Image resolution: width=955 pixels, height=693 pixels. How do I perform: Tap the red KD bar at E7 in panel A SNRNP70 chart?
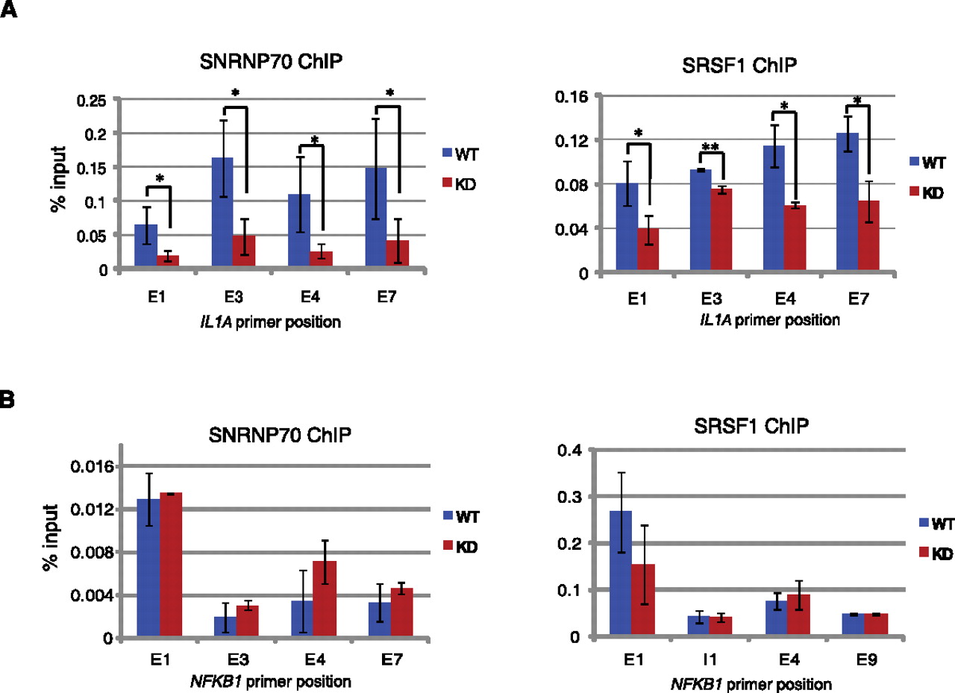(398, 252)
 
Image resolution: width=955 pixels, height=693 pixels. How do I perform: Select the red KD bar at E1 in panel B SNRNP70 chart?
(170, 565)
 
